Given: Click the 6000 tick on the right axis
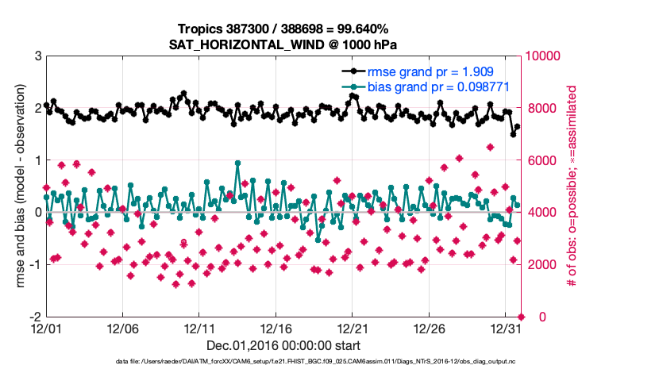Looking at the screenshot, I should click(539, 160).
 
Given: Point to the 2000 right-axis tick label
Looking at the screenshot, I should click(539, 264).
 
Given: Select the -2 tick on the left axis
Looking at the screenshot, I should click(34, 317).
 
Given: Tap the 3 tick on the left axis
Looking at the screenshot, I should click(37, 56).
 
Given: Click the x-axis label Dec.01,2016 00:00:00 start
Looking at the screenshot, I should click(283, 345).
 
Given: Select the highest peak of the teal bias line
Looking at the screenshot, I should click(238, 163).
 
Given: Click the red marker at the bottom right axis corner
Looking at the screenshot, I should click(521, 317).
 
